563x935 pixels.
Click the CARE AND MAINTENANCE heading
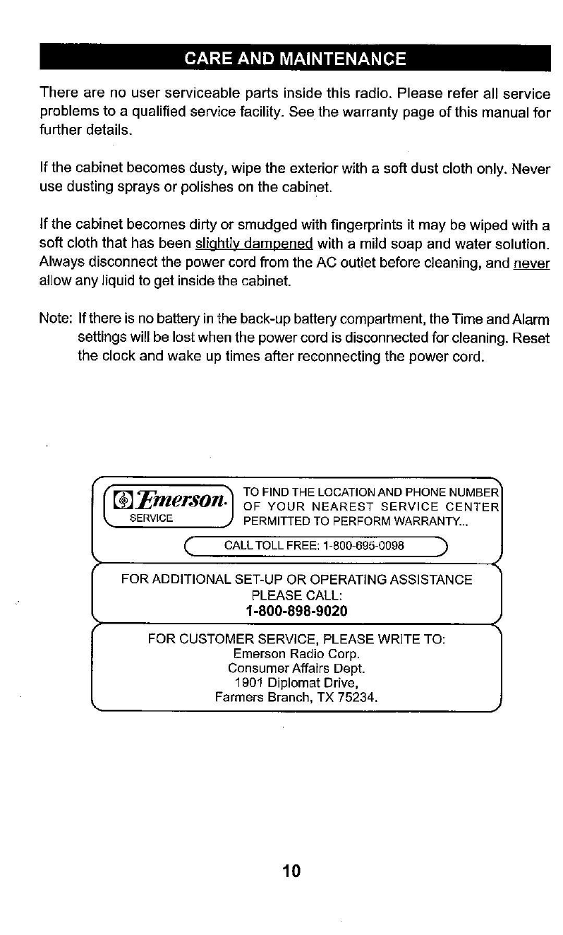click(x=295, y=58)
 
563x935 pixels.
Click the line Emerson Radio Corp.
click(x=296, y=653)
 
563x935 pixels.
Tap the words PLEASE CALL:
click(x=296, y=595)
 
